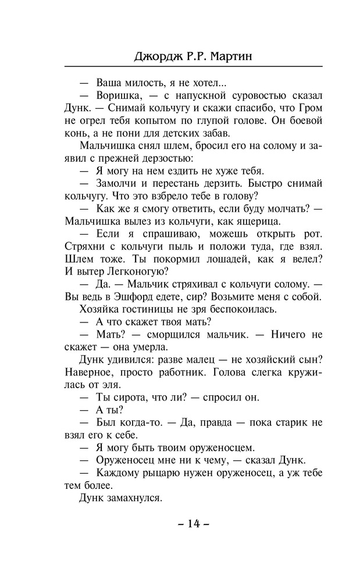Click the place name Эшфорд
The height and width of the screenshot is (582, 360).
click(x=127, y=296)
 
